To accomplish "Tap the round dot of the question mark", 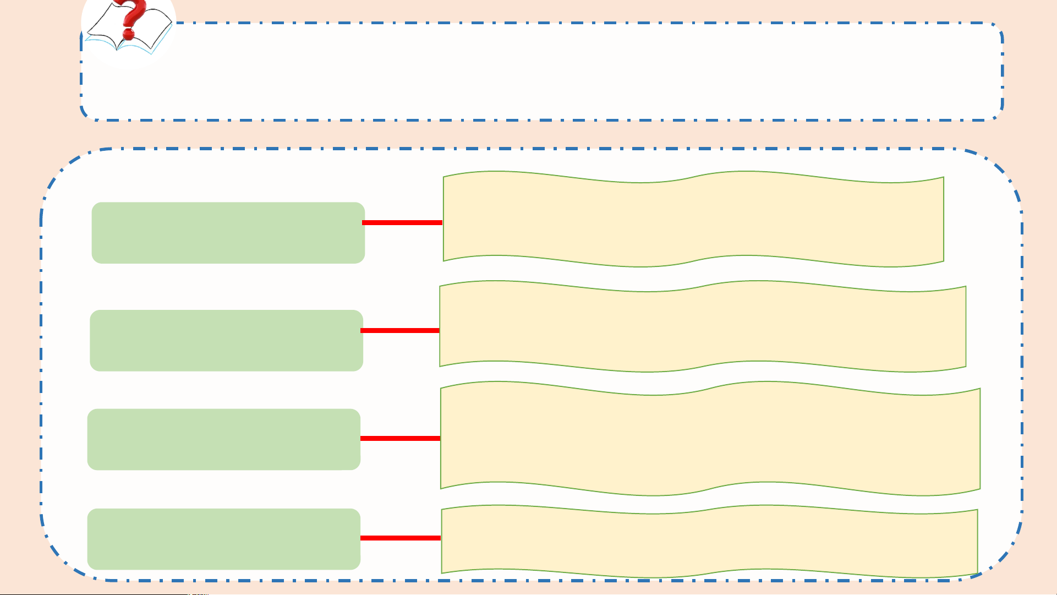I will tap(128, 35).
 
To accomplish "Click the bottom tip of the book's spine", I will tap(117, 50).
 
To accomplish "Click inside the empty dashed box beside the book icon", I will tap(550, 72).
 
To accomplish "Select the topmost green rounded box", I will tap(228, 233).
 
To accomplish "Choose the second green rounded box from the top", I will tap(226, 341).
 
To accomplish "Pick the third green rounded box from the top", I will tap(223, 439).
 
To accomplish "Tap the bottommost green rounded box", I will tap(223, 539).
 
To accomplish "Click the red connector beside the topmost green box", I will tap(402, 222).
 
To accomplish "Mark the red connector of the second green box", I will tap(400, 330).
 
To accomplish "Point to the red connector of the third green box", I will tap(400, 438).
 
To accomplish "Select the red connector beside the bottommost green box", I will tap(400, 538).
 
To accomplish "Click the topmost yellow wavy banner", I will tap(693, 219).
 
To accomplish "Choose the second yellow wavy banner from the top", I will tap(703, 326).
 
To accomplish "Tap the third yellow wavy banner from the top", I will tap(710, 439).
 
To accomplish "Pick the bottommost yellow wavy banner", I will tap(709, 541).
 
